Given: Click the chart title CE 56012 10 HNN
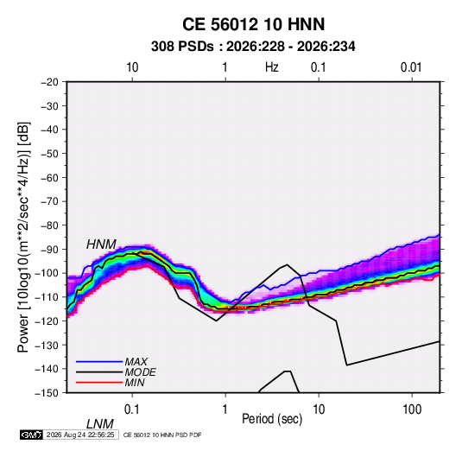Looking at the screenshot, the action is click(x=253, y=24).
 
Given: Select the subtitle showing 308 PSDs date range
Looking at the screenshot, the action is click(x=253, y=47).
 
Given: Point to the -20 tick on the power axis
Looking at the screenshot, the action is click(x=49, y=82).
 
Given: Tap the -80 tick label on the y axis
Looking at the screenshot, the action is click(x=49, y=225).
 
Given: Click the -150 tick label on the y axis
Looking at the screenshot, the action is click(x=47, y=393).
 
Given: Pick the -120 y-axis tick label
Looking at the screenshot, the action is click(x=47, y=321).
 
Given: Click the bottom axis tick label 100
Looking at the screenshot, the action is click(x=412, y=409).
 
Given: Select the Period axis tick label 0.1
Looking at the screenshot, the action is click(x=132, y=409).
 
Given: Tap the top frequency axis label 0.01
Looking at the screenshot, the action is click(x=411, y=67).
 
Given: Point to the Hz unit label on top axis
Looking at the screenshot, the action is click(x=272, y=67).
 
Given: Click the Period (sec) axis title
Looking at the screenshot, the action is click(x=272, y=419).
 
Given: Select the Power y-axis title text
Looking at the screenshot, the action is click(x=23, y=237).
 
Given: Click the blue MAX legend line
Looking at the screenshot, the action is click(x=99, y=362).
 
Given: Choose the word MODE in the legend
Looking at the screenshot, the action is click(x=140, y=372).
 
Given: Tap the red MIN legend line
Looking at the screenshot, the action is click(x=99, y=383).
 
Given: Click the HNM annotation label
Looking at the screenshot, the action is click(x=101, y=244).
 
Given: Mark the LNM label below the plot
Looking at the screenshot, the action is click(x=100, y=424).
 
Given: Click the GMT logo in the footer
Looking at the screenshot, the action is click(x=32, y=435).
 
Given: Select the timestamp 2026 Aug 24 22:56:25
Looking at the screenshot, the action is click(x=80, y=435).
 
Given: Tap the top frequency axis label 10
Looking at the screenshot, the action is click(x=132, y=67).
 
